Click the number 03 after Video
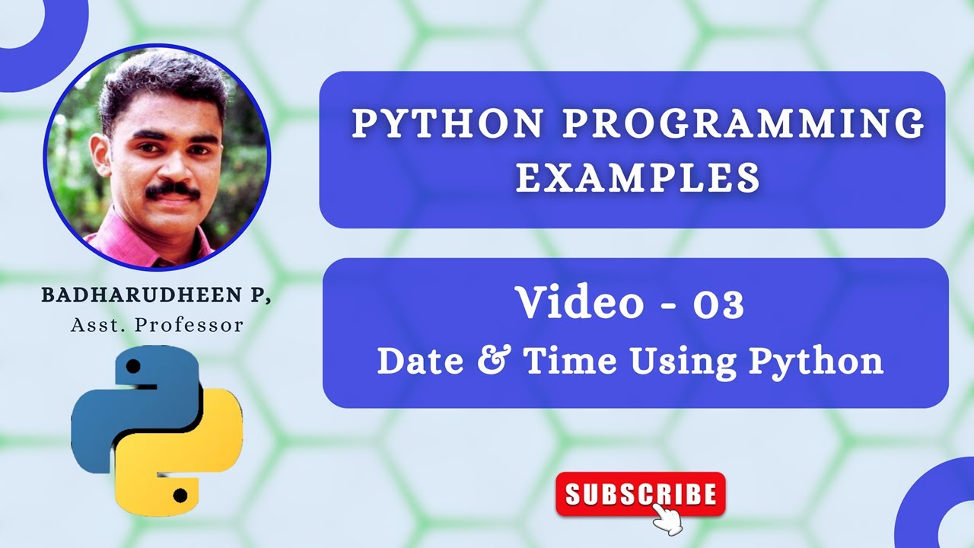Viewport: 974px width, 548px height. [718, 303]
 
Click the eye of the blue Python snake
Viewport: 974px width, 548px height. [134, 367]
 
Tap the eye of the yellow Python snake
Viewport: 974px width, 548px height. [180, 496]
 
